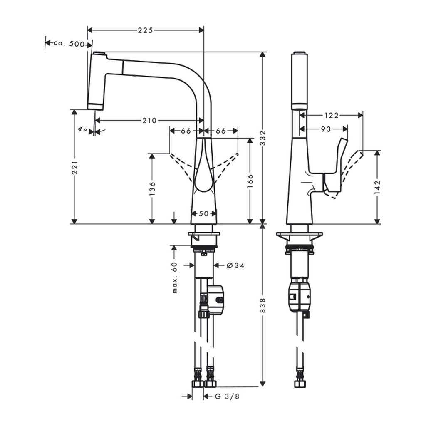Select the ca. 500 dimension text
click(69, 43)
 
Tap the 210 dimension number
click(149, 121)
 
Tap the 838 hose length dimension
click(263, 306)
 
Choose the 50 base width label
click(204, 213)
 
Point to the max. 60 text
click(175, 278)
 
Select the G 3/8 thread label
click(228, 396)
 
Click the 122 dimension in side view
click(332, 115)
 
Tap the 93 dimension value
click(326, 129)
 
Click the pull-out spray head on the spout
click(96, 81)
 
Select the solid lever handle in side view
click(335, 166)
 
